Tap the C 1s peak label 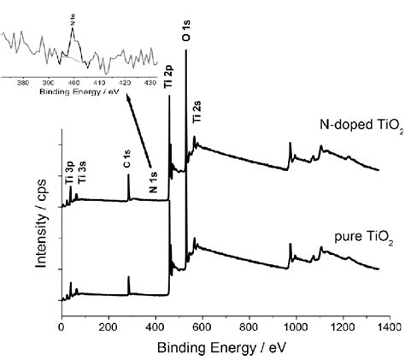[x=126, y=158]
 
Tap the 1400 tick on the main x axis [x=390, y=326]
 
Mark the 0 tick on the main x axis [x=61, y=326]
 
